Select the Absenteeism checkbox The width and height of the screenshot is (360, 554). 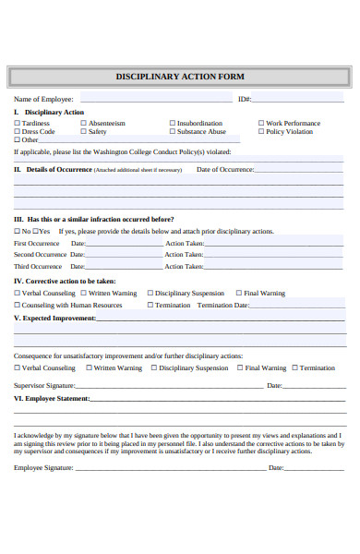point(83,123)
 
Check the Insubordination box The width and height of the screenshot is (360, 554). point(172,123)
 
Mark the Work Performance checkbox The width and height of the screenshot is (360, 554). point(261,123)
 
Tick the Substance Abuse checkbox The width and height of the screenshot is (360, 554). point(172,131)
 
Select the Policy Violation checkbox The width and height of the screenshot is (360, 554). point(261,131)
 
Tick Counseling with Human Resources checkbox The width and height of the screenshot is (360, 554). point(17,306)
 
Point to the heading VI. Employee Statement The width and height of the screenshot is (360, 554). point(52,399)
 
